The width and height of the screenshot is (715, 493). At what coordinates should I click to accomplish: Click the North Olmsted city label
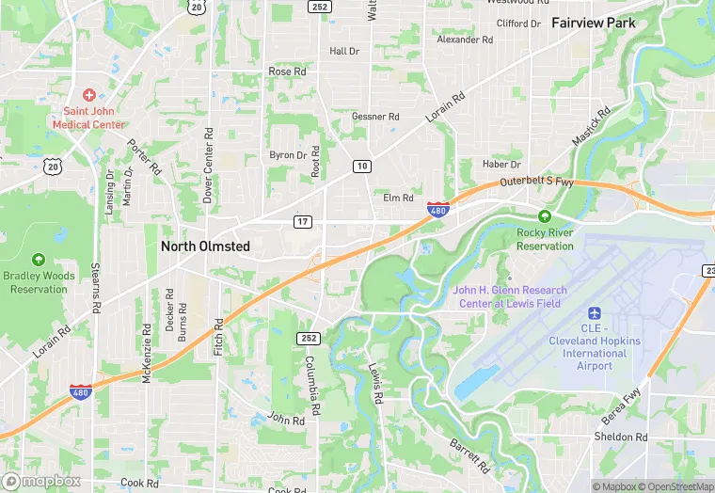click(x=205, y=246)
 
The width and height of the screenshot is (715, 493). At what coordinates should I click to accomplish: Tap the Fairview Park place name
click(x=593, y=23)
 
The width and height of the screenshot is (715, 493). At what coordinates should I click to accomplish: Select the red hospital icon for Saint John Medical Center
click(x=89, y=95)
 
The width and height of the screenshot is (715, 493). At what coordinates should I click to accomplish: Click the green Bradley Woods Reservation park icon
click(x=39, y=259)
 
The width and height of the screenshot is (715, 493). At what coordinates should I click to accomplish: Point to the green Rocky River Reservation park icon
click(x=545, y=215)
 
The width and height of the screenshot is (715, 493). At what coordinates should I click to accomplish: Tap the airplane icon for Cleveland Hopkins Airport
click(x=594, y=312)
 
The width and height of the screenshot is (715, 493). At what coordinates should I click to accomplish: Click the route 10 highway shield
click(x=362, y=166)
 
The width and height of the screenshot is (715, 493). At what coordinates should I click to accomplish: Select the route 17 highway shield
click(x=302, y=221)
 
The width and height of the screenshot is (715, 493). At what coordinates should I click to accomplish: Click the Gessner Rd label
click(x=375, y=117)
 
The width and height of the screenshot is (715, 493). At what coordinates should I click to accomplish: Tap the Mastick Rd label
click(x=591, y=126)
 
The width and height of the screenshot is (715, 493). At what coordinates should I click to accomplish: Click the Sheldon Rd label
click(x=621, y=437)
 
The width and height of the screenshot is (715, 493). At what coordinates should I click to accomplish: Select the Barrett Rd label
click(x=468, y=454)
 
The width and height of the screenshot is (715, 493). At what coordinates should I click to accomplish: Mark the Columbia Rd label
click(x=315, y=385)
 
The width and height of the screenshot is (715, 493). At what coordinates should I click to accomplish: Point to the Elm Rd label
click(x=398, y=199)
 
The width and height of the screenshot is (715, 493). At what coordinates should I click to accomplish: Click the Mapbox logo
click(x=42, y=481)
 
